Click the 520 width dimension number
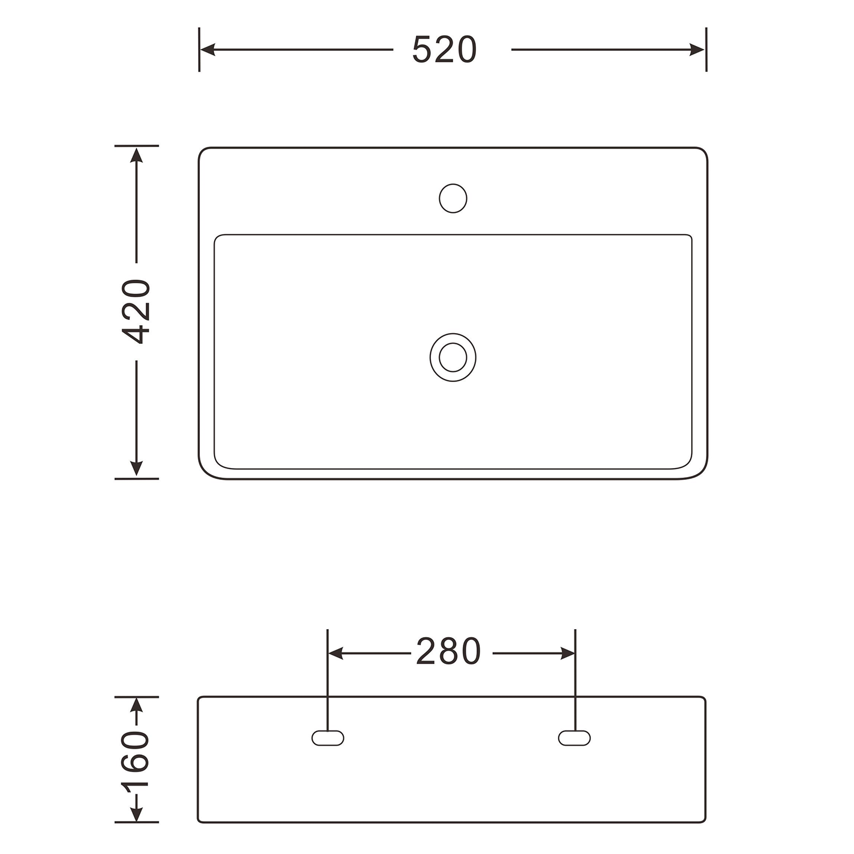point(444,50)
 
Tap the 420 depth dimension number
point(137,311)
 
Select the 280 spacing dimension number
point(449,652)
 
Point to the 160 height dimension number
point(136,759)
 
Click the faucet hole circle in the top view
point(453,198)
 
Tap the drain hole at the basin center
point(453,357)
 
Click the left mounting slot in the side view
point(328,738)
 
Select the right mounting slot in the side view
point(574,738)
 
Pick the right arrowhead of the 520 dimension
point(698,50)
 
